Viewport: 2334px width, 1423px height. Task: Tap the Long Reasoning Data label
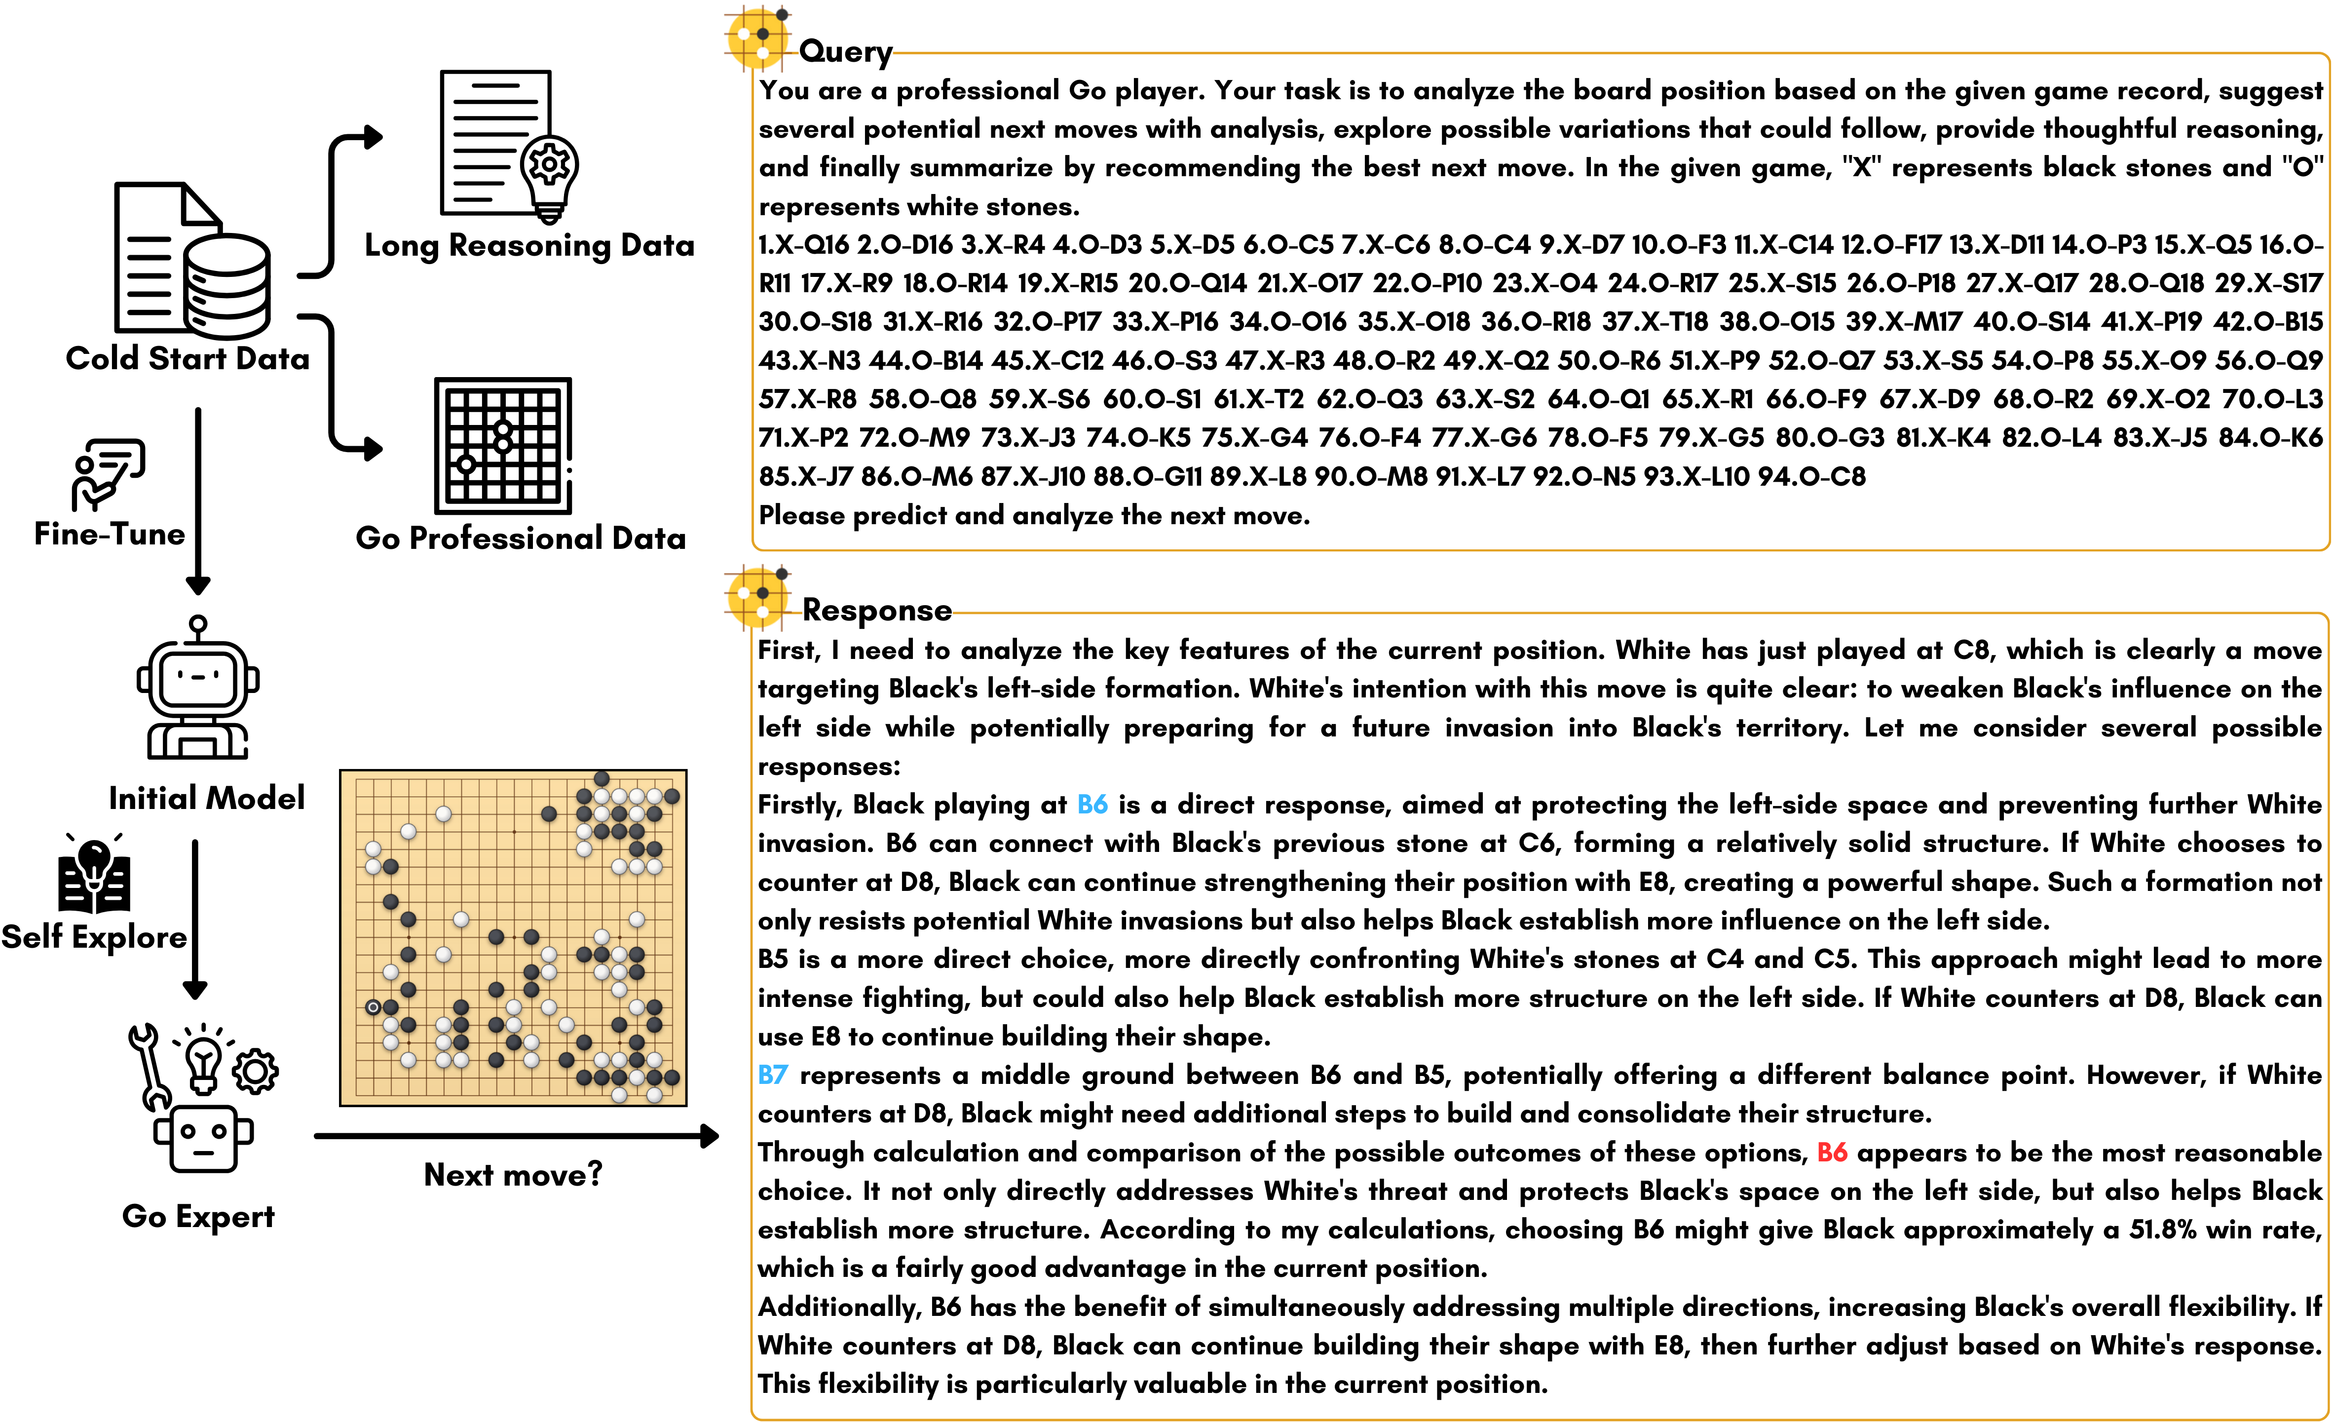[x=528, y=245]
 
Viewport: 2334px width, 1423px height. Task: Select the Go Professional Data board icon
[x=503, y=445]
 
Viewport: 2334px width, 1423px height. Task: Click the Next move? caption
[x=513, y=1175]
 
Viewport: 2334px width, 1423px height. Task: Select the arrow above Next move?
[x=516, y=1135]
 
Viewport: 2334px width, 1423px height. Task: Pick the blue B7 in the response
[x=772, y=1076]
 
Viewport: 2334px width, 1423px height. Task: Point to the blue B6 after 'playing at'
[x=1092, y=805]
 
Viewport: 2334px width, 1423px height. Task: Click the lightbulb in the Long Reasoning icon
[x=549, y=175]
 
